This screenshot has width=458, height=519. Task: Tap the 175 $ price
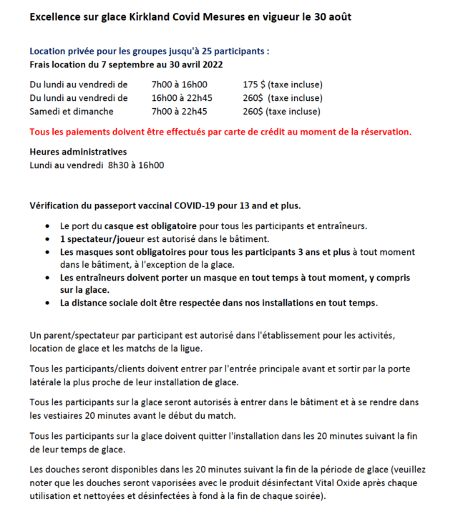(254, 84)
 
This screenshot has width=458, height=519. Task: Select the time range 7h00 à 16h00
(179, 84)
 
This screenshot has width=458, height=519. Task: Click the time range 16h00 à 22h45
(182, 98)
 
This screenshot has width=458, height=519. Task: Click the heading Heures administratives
(78, 152)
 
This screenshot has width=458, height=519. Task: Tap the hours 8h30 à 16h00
(136, 165)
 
